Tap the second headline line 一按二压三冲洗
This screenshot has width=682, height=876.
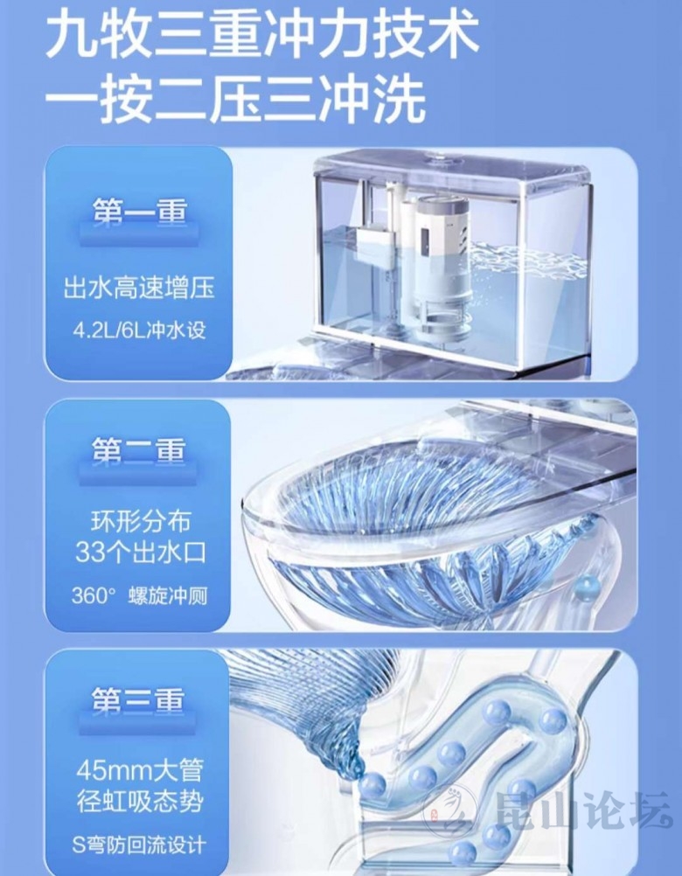[234, 101]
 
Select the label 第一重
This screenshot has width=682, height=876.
[139, 212]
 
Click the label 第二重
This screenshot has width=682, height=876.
[138, 451]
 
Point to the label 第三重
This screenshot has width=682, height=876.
[138, 700]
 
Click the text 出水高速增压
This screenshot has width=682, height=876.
[139, 289]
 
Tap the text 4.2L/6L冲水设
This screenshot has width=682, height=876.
[139, 330]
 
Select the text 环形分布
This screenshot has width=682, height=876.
[140, 521]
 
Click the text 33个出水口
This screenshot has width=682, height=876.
[140, 553]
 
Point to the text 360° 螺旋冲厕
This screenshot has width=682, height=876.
[139, 595]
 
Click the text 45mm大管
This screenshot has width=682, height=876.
[140, 771]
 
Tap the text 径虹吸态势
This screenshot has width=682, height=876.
[140, 803]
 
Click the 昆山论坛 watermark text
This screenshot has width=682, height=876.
[583, 811]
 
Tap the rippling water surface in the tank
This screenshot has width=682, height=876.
[525, 261]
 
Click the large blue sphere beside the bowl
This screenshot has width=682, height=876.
[587, 587]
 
